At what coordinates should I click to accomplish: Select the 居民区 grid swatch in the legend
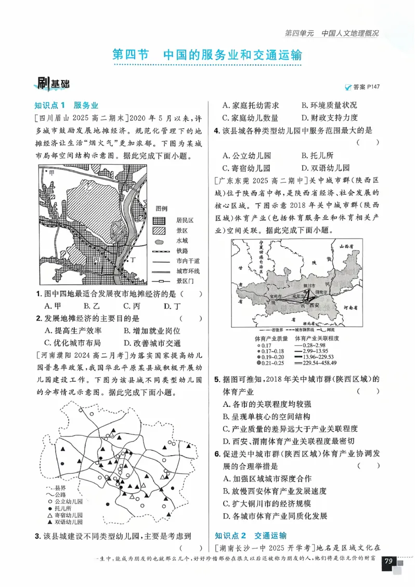[x=159, y=220]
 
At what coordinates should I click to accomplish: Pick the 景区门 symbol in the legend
[x=159, y=281]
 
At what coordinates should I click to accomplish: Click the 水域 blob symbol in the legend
[x=159, y=241]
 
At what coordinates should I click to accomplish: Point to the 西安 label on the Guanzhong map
[x=314, y=306]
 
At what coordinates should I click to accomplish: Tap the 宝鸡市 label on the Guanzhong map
[x=276, y=296]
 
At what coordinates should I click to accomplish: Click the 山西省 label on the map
[x=346, y=247]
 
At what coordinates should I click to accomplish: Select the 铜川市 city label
[x=309, y=286]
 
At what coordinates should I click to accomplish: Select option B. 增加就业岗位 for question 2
[x=151, y=330]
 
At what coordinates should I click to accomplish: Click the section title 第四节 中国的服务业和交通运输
[x=207, y=55]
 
